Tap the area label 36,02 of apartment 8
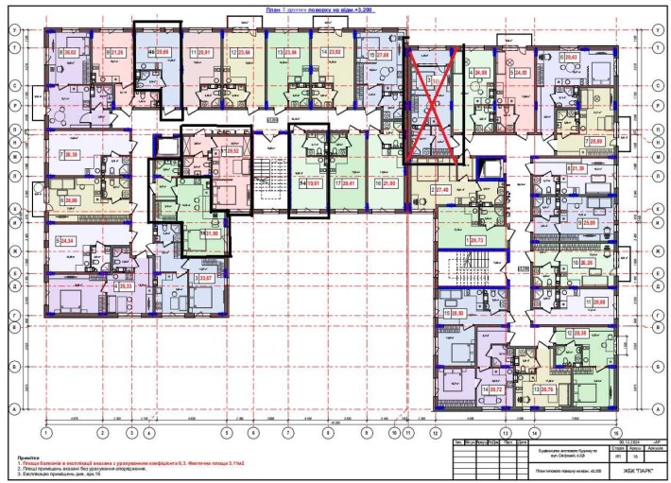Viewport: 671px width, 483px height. pos(72,54)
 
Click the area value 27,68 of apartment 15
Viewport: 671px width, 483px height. pos(383,54)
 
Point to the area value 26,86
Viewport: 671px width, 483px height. pos(72,199)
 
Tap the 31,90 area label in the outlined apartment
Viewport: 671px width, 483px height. pos(213,233)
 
